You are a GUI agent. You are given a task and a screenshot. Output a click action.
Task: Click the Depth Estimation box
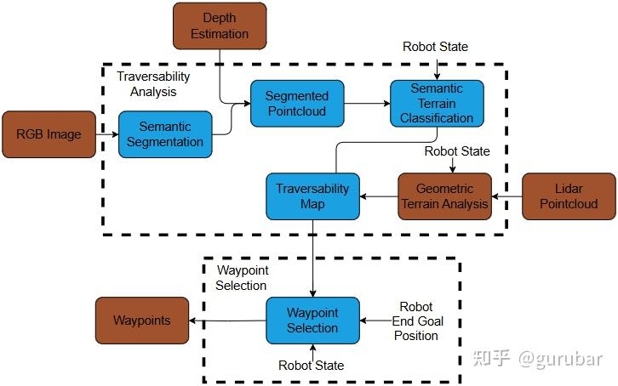220,26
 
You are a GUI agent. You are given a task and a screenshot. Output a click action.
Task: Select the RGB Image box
49,133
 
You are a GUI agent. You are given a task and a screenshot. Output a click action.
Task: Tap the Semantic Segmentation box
165,133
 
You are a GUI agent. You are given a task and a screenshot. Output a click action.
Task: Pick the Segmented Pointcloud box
296,104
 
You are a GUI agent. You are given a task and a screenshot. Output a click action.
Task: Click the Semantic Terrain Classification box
437,103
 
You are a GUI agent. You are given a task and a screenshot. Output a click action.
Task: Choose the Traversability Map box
312,196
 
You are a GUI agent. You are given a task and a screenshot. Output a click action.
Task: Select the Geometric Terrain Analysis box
445,196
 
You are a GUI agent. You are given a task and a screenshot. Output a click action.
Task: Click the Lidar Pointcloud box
569,196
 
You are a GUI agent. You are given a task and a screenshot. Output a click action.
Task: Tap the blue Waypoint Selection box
312,321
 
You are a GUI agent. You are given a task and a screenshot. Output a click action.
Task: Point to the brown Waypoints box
142,321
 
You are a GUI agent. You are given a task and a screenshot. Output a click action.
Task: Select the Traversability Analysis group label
153,82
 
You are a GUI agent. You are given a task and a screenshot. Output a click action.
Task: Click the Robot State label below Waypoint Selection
312,365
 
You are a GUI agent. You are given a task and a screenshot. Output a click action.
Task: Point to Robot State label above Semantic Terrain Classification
435,46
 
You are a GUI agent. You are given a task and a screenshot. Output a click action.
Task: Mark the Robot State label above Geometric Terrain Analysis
457,151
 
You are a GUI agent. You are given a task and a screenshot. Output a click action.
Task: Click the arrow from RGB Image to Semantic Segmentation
106,133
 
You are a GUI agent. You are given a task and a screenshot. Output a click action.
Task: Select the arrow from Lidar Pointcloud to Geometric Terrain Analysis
507,196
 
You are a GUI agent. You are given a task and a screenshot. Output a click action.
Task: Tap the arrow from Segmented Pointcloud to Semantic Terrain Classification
366,104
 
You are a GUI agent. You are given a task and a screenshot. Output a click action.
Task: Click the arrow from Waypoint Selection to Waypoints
227,321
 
